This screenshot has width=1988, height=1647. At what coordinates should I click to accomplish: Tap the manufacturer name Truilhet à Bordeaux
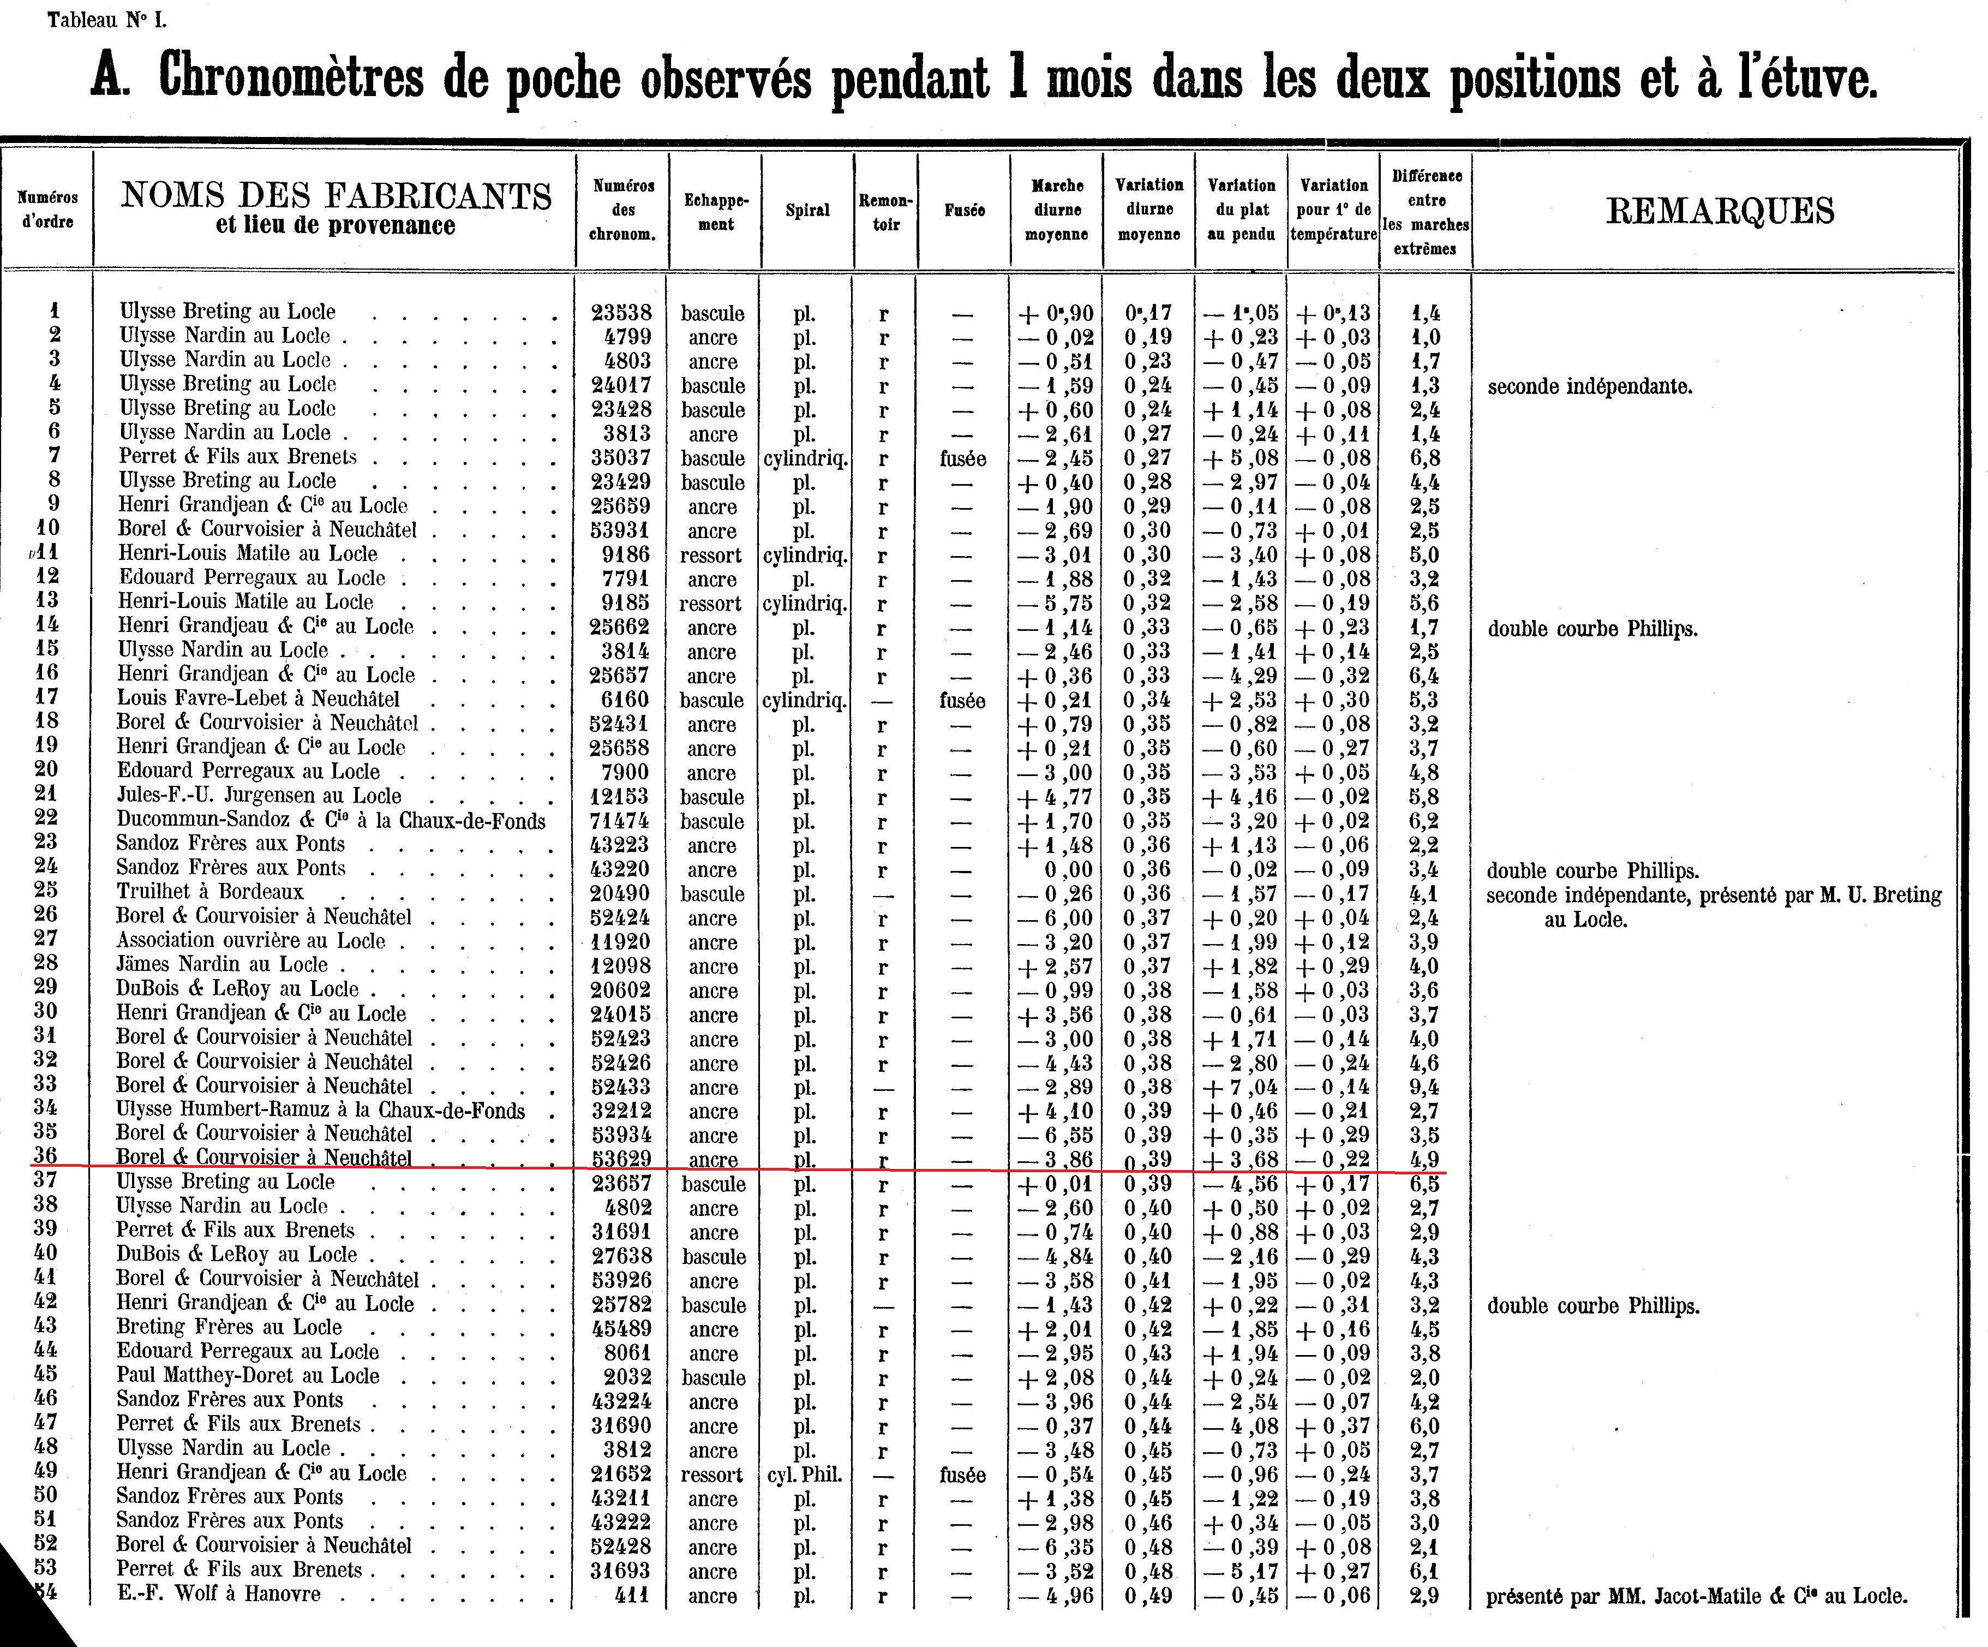click(x=210, y=892)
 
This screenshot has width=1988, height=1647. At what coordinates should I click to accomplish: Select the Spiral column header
click(x=807, y=210)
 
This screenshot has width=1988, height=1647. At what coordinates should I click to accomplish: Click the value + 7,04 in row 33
click(x=1241, y=1087)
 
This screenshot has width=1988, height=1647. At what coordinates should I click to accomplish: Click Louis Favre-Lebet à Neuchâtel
click(x=259, y=699)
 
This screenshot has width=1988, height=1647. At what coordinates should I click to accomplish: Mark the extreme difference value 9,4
click(x=1425, y=1087)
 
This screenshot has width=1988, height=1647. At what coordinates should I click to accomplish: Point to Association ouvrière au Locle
click(x=251, y=940)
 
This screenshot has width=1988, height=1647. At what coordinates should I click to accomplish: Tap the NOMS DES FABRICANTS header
click(x=336, y=195)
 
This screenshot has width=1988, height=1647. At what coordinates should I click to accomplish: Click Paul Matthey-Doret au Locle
click(x=248, y=1376)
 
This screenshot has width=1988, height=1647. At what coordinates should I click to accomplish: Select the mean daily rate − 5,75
click(x=1056, y=604)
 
